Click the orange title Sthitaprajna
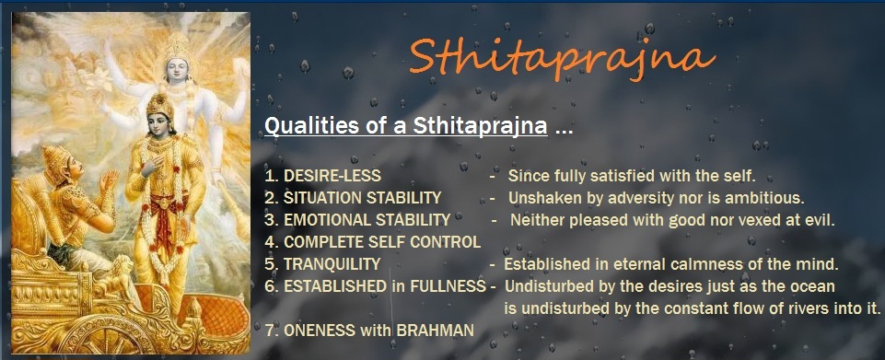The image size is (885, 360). tap(562, 57)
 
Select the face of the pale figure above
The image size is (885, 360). tap(178, 65)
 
